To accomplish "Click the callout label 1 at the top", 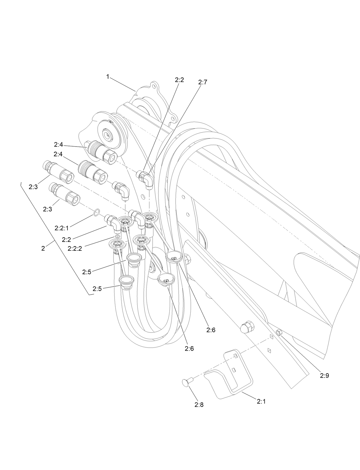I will click(x=108, y=76).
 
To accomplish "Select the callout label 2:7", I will click(x=202, y=82).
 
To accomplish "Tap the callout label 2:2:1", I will click(x=62, y=228).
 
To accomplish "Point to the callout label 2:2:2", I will click(x=75, y=249).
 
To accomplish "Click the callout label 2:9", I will click(x=325, y=376).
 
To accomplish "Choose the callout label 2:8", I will click(x=199, y=405).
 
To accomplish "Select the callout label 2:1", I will click(x=261, y=402).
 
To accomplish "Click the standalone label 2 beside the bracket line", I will click(x=43, y=248).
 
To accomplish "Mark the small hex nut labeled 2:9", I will click(x=279, y=332).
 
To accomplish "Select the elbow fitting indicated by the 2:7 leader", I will click(x=145, y=179).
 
